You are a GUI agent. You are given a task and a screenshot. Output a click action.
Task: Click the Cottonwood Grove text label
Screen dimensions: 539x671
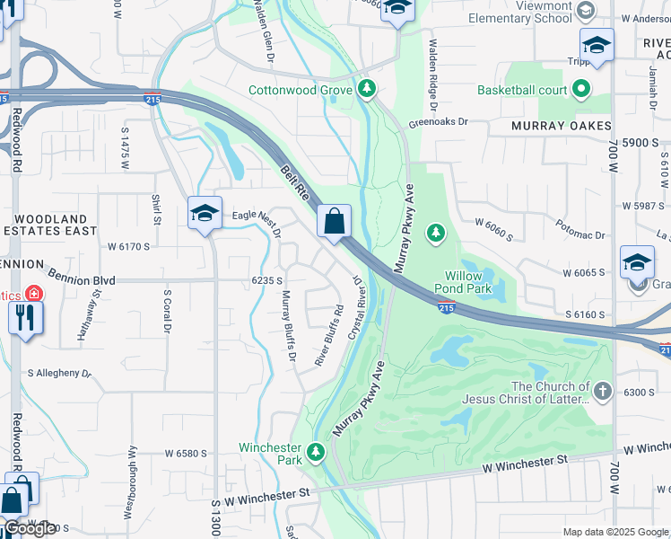tap(300, 90)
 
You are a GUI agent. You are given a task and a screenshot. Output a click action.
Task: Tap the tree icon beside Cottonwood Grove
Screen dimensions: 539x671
tap(366, 89)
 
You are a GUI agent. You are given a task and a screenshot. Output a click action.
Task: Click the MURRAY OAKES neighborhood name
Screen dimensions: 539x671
tap(562, 127)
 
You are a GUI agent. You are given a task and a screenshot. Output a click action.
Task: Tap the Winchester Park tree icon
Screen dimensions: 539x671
tap(315, 451)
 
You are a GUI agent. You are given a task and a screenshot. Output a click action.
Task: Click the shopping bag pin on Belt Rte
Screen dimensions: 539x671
tap(334, 221)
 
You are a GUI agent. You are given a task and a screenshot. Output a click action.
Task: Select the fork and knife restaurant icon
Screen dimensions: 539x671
tap(24, 317)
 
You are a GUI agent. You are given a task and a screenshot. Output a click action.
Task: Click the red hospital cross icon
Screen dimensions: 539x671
tap(34, 293)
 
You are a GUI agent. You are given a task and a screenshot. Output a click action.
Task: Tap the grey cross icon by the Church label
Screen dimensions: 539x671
tap(602, 391)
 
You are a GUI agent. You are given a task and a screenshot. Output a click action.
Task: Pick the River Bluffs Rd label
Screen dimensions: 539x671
tap(329, 335)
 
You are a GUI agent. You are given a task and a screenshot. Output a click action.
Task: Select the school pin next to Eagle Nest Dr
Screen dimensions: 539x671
tap(205, 214)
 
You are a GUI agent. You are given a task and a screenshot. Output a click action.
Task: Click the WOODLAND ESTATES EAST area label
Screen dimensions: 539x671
tap(52, 225)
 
